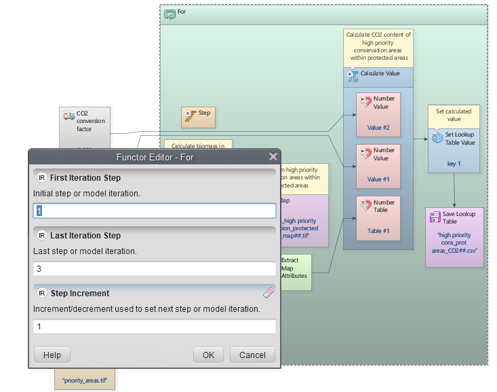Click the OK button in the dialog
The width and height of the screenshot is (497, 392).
tap(208, 355)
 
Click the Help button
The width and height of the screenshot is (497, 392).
tap(52, 355)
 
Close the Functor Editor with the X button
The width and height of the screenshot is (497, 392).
tap(273, 158)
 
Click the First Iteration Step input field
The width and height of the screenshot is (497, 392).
tap(155, 211)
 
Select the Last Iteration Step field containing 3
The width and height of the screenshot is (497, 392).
tap(155, 268)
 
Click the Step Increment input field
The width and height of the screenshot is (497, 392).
tap(155, 327)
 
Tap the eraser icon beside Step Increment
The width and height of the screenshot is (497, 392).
tap(268, 293)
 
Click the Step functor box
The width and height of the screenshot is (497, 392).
tap(198, 117)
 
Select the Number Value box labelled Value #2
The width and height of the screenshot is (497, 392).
tap(378, 113)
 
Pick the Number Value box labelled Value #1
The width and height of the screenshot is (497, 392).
tap(378, 165)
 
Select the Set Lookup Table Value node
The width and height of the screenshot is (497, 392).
tap(454, 147)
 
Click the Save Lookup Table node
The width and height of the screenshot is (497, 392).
tap(454, 236)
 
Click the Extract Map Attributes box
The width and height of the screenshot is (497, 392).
tap(294, 272)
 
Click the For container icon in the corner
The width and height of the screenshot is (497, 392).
tap(170, 13)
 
